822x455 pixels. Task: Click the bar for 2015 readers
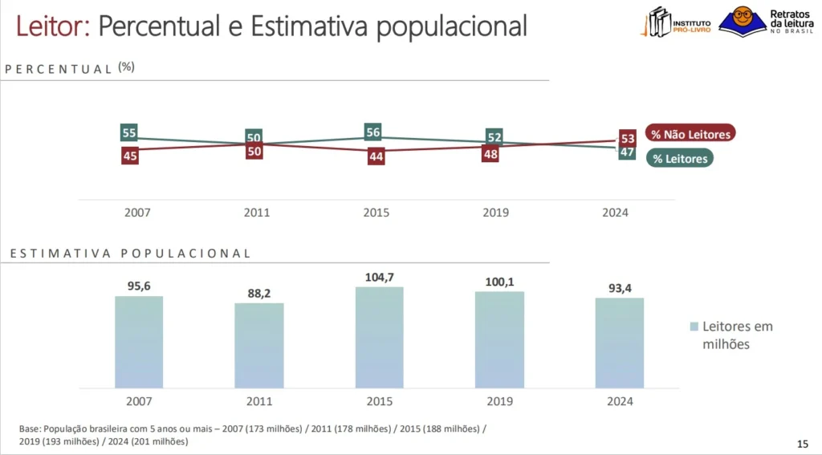[x=379, y=338]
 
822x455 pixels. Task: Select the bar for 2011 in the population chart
[x=258, y=346]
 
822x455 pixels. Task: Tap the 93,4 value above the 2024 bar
[x=619, y=288]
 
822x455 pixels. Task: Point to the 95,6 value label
[x=139, y=286]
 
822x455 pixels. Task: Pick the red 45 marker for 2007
[x=130, y=156]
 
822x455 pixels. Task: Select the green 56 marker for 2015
[x=372, y=132]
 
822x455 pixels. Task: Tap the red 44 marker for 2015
[x=376, y=156]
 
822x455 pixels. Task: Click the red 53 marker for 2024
[x=628, y=139]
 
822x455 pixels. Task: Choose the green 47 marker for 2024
[x=628, y=152]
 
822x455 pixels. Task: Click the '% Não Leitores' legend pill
[x=690, y=134]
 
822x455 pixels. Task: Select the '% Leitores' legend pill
[x=679, y=159]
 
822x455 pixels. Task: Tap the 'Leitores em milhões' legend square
[x=694, y=327]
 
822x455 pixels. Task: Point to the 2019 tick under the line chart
[x=495, y=213]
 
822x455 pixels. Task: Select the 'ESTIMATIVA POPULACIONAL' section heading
[x=130, y=253]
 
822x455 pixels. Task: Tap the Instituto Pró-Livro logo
[x=676, y=22]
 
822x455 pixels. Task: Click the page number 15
[x=802, y=444]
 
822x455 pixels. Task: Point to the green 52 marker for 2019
[x=494, y=137]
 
